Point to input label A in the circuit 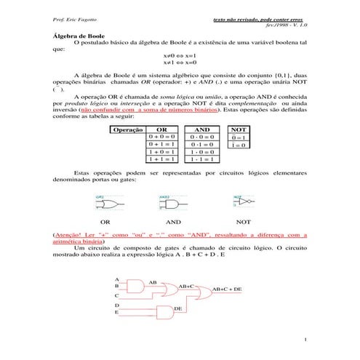pyautogui.click(x=117, y=279)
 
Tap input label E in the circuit pyautogui.click(x=117, y=312)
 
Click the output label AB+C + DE pyautogui.click(x=227, y=289)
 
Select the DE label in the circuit pyautogui.click(x=177, y=309)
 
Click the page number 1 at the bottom pyautogui.click(x=306, y=340)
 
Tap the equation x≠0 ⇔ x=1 pyautogui.click(x=179, y=55)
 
